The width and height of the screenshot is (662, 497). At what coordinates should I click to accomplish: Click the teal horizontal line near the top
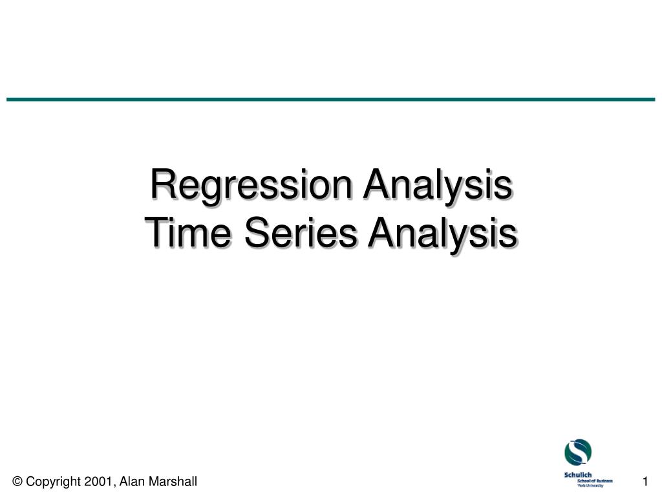point(331,99)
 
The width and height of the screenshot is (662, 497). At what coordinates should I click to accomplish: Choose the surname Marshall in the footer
point(171,481)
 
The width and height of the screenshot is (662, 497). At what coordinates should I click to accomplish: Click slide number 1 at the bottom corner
point(645,481)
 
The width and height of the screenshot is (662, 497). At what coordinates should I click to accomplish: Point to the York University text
point(590,485)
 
